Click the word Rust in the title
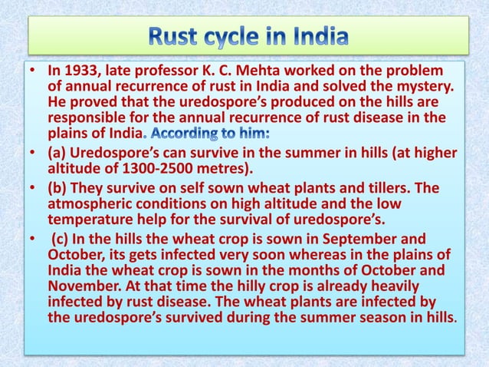[177, 36]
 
